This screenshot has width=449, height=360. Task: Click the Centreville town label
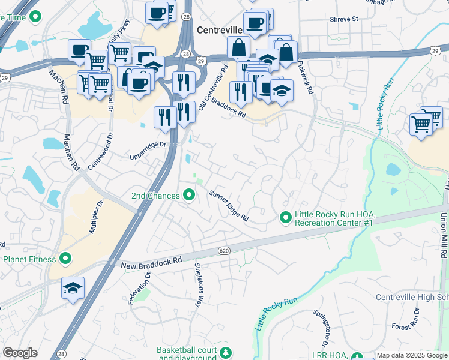[x=219, y=30]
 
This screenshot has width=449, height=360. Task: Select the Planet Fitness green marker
[x=65, y=259]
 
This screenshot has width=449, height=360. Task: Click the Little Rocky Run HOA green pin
[x=286, y=218]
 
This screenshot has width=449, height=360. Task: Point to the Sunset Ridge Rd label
[x=229, y=206]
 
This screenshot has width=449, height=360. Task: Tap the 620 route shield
[x=224, y=250]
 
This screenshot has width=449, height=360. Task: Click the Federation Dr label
[x=138, y=288]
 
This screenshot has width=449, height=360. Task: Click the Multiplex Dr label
[x=95, y=216]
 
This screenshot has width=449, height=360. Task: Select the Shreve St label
[x=343, y=19]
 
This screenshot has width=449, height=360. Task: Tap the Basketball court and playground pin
[x=226, y=352]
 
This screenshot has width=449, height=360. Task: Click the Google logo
[x=20, y=353]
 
